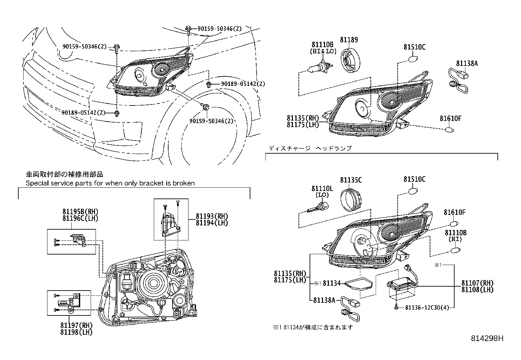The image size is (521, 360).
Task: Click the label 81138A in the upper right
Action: [467, 64]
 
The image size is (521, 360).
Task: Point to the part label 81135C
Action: [351, 180]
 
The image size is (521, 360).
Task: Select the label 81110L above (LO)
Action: [322, 188]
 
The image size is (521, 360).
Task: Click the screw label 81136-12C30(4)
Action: [427, 308]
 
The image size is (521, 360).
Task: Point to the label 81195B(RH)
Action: [80, 212]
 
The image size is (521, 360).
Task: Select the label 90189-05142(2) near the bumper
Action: [83, 113]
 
